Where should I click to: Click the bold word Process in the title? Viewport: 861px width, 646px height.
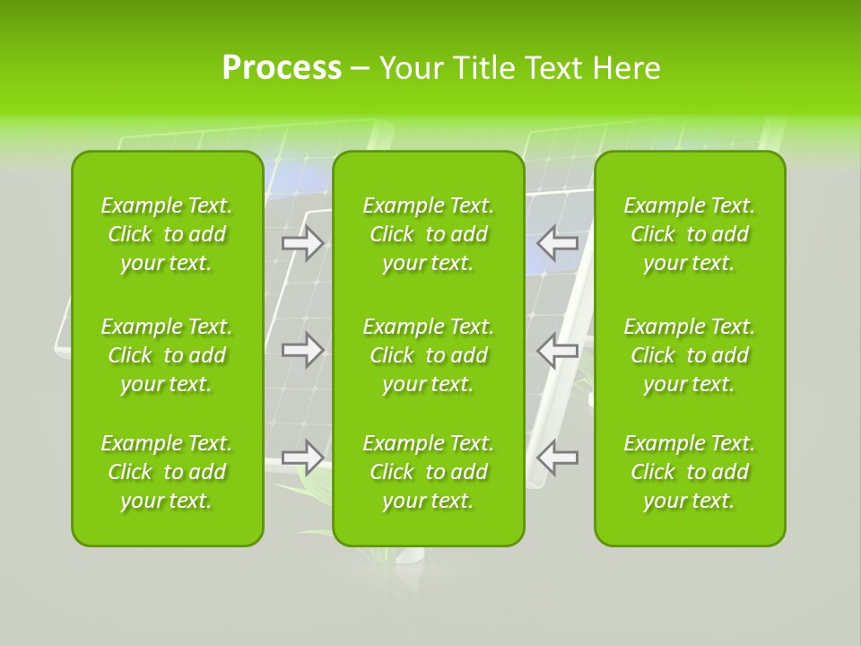click(282, 68)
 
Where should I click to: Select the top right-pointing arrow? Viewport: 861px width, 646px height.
click(303, 243)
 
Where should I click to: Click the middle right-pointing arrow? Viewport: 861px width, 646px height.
click(303, 350)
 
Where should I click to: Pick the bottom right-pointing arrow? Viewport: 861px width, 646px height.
click(303, 457)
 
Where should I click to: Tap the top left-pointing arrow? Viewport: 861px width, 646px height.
click(557, 242)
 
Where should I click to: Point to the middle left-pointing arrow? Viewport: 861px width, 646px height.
click(557, 350)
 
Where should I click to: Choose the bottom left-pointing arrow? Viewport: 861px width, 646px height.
click(557, 457)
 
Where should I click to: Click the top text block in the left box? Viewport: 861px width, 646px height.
click(167, 234)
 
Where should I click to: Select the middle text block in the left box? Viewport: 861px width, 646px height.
click(167, 355)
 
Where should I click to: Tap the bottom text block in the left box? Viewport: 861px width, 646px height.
click(167, 472)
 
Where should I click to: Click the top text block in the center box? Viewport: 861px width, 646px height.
click(429, 234)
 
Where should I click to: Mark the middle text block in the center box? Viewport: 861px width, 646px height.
click(429, 355)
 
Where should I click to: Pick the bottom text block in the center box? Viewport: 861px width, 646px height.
click(429, 472)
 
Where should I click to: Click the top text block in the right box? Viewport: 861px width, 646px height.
click(690, 234)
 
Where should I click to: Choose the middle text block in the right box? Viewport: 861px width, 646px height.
click(690, 355)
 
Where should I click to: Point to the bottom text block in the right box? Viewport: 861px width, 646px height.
click(690, 472)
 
